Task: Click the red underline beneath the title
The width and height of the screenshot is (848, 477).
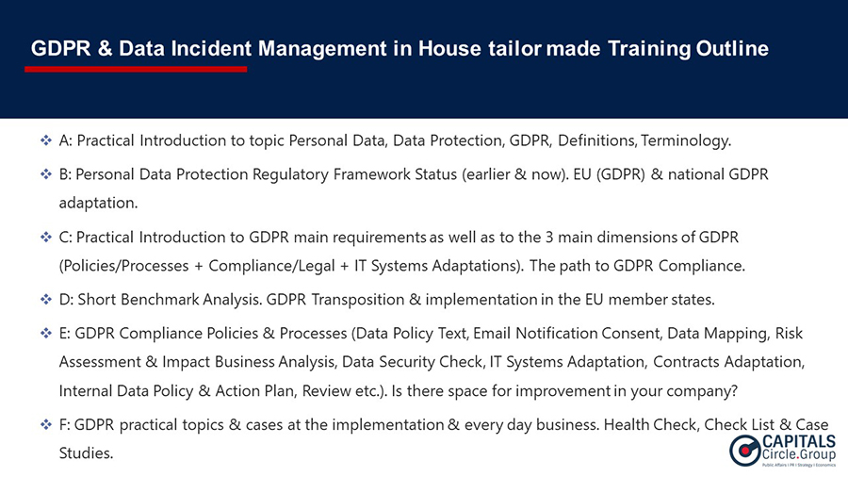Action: click(x=136, y=69)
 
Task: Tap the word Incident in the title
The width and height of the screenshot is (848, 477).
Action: click(x=211, y=49)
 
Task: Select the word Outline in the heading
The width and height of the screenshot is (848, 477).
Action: click(x=732, y=49)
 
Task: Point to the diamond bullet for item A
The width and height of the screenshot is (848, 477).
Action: click(x=46, y=140)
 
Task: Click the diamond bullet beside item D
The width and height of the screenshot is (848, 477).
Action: click(x=46, y=300)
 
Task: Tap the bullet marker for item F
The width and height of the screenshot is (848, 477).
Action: click(x=46, y=424)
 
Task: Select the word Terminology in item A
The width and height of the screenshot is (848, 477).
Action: click(x=685, y=141)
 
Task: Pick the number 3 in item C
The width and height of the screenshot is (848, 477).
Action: click(x=549, y=238)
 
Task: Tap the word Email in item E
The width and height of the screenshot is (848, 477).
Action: click(x=492, y=333)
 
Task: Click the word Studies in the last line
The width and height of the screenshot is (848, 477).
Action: click(x=86, y=452)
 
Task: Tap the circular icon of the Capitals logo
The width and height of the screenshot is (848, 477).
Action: click(x=744, y=451)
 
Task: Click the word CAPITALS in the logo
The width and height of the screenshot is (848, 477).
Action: click(x=799, y=442)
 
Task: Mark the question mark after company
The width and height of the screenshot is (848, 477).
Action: click(x=734, y=390)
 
